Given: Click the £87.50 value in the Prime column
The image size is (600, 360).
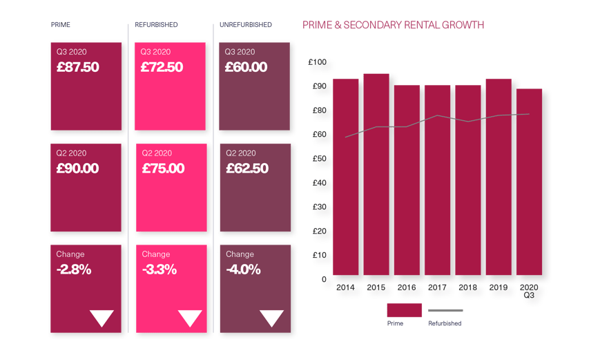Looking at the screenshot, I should [77, 67].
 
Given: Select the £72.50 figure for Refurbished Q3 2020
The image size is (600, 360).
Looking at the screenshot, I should [162, 67].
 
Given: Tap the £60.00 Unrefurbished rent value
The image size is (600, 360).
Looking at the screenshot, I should [246, 67].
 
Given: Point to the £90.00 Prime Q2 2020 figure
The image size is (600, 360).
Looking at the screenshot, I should [77, 168].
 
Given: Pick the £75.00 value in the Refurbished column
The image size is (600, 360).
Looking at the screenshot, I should [163, 168].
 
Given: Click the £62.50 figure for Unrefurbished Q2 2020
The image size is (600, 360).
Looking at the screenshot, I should [246, 168].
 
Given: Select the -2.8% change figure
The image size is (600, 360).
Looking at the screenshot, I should [74, 269].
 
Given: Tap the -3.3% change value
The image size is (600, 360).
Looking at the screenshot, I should [159, 269].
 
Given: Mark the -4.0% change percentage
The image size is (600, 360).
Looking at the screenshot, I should [243, 269].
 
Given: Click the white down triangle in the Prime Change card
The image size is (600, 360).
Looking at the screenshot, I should [102, 318].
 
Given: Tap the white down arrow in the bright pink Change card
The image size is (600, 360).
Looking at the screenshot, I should [190, 318].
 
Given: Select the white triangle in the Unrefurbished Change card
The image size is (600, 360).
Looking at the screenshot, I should [271, 318].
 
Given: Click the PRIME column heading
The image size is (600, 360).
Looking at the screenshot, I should [61, 25].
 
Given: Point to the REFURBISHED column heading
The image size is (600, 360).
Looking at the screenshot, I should [155, 25].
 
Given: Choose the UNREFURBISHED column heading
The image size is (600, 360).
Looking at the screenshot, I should [245, 25].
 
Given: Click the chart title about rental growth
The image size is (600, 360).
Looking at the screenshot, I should [394, 25].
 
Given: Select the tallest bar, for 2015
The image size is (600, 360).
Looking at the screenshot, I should [376, 173].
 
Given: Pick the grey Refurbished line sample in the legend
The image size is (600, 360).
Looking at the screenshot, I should [445, 310].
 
